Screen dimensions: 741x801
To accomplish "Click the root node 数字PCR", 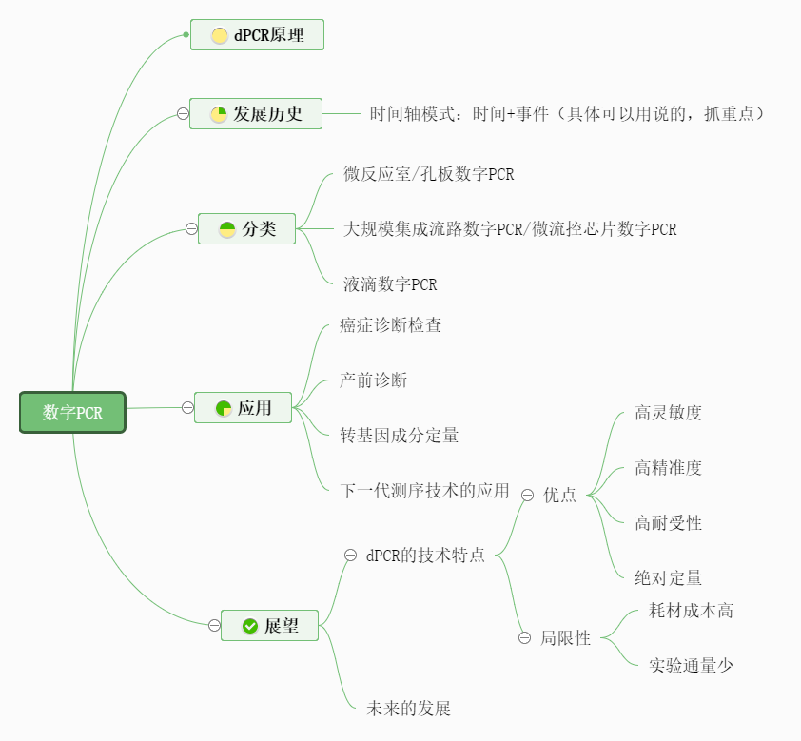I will (72, 413).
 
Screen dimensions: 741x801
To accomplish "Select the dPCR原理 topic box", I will (257, 35).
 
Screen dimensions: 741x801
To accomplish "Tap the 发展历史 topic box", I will (256, 114).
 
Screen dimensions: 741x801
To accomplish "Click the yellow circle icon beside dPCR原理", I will (220, 36).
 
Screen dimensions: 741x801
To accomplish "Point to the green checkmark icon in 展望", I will (250, 626).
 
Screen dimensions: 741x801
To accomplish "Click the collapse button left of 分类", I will (191, 228).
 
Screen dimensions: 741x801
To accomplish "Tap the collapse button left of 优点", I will (527, 494).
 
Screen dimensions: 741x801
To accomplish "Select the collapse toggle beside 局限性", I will (524, 638).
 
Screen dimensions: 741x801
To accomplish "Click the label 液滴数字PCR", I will (390, 284).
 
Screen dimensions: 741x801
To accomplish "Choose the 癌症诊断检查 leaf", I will (390, 325).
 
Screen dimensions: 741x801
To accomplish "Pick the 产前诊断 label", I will (373, 380).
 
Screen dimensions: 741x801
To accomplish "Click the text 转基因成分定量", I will (399, 436).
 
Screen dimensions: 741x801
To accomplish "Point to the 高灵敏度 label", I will (668, 413).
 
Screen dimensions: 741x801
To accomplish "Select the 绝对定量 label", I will (668, 577).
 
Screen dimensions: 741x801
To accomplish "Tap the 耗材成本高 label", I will (691, 611).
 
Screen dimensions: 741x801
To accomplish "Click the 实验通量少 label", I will (691, 666).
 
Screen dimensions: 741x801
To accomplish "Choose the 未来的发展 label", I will (408, 709).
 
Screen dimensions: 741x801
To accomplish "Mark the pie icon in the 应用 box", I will (224, 408).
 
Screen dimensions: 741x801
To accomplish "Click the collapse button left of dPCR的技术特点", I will (350, 555).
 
